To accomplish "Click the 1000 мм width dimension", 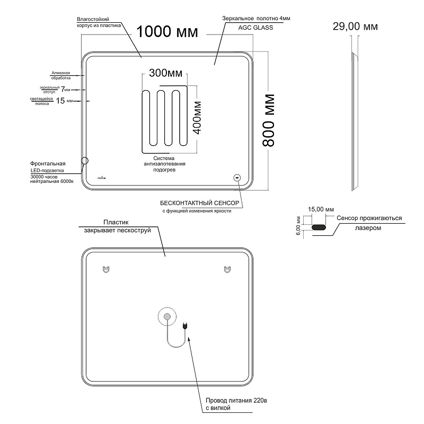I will pos(167,32).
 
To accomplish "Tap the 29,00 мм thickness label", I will pos(355,26).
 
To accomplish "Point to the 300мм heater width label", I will pos(165,72).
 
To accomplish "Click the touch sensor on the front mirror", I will pos(237,178).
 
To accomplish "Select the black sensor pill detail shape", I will pos(319,227).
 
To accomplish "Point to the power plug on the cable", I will pos(185,326).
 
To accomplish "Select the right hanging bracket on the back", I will pos(227,269).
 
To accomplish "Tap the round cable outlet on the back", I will pos(167,317).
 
